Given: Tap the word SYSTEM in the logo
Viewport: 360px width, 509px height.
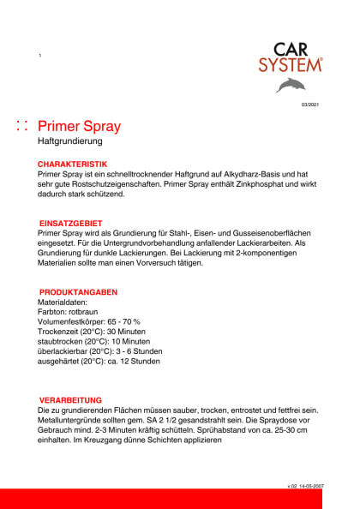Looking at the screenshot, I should (x=291, y=64).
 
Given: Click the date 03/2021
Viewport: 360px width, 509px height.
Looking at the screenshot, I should (x=309, y=105).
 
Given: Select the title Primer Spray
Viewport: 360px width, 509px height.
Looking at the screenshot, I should (x=80, y=127).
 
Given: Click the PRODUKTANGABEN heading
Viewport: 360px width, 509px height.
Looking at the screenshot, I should (x=78, y=292).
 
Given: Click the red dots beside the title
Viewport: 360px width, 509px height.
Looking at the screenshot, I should (x=23, y=127).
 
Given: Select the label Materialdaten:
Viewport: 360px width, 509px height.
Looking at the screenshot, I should (x=63, y=302).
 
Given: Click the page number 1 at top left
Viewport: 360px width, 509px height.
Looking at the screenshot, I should (x=40, y=56).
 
